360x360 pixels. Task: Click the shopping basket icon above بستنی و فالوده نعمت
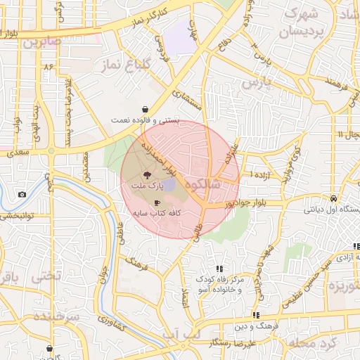coord(145,110)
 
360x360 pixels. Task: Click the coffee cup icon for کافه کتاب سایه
coord(155,202)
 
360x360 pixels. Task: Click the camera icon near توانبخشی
coord(22,194)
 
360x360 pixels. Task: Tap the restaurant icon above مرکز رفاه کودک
coord(219,268)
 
